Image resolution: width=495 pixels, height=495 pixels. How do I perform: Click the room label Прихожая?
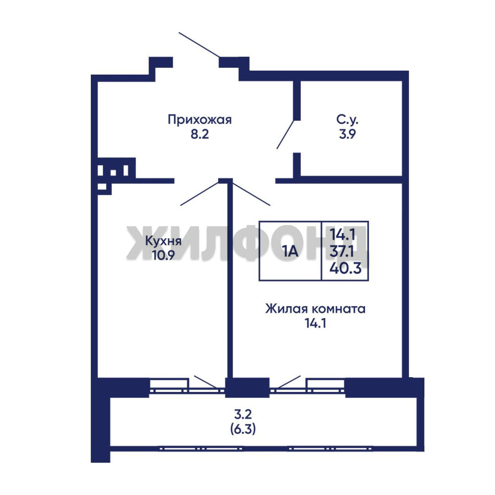(199, 121)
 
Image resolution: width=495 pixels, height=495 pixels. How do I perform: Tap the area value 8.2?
(199, 134)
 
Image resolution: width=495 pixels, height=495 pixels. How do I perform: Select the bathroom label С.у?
(347, 120)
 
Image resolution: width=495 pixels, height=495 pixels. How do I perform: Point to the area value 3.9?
(347, 134)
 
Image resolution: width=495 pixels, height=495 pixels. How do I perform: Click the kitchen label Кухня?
(163, 242)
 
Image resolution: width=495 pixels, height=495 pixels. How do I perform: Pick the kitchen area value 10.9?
(163, 255)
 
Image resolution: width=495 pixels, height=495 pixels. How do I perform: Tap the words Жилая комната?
(315, 309)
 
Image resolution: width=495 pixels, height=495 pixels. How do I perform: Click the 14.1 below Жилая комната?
(315, 323)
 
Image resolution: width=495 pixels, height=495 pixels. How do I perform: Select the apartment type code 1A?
(290, 252)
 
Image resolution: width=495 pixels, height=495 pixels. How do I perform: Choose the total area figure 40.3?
(346, 269)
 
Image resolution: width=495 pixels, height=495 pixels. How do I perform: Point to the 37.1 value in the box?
(342, 252)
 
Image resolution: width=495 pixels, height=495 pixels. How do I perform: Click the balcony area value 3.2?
(243, 413)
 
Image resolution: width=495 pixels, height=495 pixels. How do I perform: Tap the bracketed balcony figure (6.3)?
(243, 429)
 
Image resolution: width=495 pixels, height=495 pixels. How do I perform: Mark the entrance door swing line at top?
(199, 45)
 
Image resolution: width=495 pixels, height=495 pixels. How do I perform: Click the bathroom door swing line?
(286, 134)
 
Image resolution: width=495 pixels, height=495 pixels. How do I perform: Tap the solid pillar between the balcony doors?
(247, 387)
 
